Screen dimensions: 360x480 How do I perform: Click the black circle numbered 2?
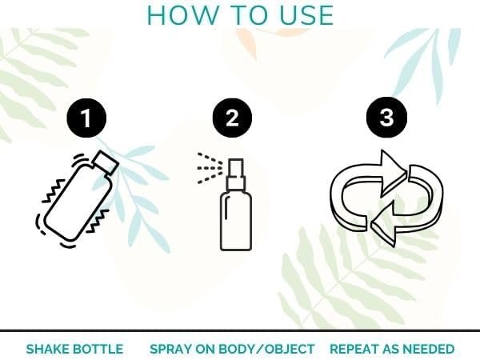(232, 118)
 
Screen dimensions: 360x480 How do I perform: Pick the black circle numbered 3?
(386, 118)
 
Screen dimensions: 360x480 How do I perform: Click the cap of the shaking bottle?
(106, 163)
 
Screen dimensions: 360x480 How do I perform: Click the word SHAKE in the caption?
(47, 349)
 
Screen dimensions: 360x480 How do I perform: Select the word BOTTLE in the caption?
(100, 349)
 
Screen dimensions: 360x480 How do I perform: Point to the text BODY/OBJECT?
(268, 349)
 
